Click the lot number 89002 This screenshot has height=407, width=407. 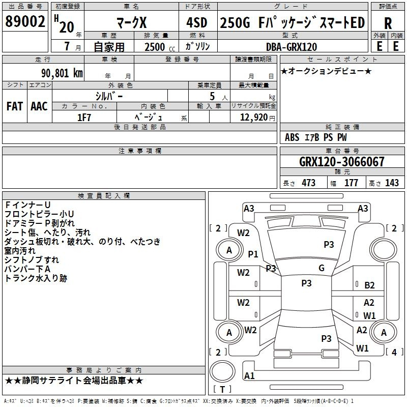(25, 21)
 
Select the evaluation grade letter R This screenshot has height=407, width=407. (388, 23)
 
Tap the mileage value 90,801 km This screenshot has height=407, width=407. (62, 73)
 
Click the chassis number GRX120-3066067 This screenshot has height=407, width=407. (341, 161)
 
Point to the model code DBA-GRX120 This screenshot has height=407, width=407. (291, 47)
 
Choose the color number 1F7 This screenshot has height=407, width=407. (84, 118)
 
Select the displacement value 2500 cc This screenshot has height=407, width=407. (160, 47)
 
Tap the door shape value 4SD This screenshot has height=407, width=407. (197, 22)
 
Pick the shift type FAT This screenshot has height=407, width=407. (15, 106)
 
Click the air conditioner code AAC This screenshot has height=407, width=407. (39, 106)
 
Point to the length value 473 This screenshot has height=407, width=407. (308, 183)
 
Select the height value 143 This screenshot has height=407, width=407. (392, 183)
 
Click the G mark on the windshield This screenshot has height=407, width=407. (322, 268)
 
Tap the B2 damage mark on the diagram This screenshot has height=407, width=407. (369, 285)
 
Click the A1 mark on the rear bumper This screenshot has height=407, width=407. (249, 375)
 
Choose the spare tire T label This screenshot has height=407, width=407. (222, 389)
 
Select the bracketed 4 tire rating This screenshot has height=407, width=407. (394, 352)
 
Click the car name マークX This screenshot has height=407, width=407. (132, 22)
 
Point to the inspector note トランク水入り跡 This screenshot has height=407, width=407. (36, 278)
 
